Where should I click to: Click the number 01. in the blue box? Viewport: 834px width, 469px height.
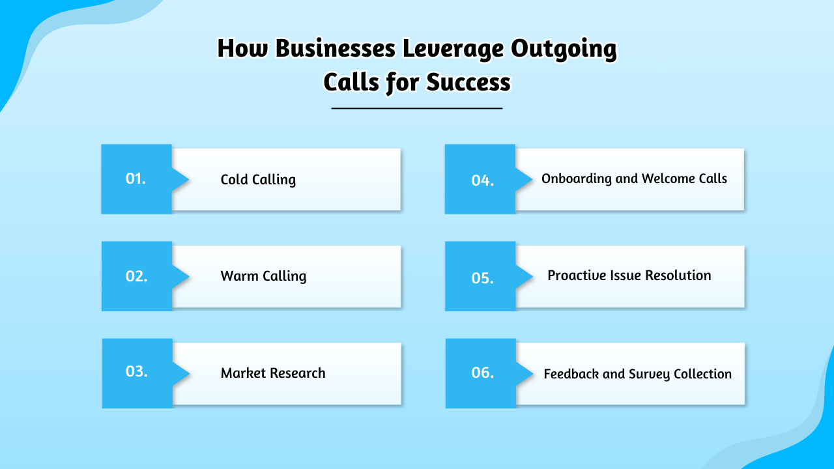(x=136, y=178)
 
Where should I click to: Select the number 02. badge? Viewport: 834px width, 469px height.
(x=136, y=276)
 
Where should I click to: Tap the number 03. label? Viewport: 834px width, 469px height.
(x=136, y=372)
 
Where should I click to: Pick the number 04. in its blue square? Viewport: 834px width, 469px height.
(x=482, y=180)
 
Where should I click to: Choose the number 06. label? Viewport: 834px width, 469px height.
(x=482, y=373)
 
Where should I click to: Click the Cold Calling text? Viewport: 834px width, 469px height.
(x=258, y=180)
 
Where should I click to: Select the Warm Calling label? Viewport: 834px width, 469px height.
(x=263, y=276)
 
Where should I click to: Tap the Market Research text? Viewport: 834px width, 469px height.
(x=273, y=373)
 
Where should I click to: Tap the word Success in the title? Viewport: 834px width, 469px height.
(x=468, y=83)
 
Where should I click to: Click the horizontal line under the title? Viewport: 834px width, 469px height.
(x=417, y=108)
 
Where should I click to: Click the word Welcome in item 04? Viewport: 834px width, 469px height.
(x=667, y=178)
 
